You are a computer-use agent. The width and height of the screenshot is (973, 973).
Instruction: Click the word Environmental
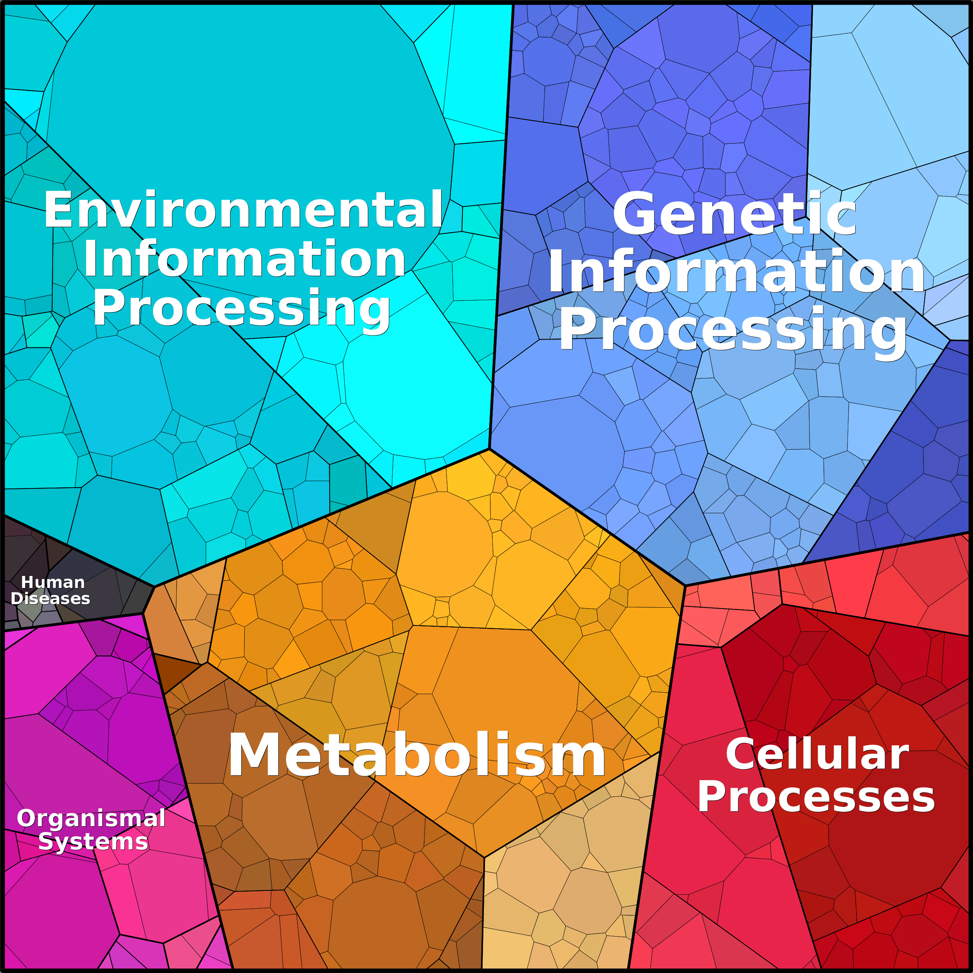click(243, 210)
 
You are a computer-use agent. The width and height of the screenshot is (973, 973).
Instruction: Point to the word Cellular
click(817, 754)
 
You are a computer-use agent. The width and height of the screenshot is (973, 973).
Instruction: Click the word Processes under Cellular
click(816, 797)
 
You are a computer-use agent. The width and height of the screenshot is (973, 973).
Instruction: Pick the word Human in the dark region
click(53, 582)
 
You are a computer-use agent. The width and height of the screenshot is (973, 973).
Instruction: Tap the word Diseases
click(50, 598)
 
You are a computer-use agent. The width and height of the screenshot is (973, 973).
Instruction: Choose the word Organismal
click(91, 818)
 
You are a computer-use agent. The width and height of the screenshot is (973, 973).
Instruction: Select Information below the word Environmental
click(244, 260)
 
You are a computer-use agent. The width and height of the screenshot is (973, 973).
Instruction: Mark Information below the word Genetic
click(736, 272)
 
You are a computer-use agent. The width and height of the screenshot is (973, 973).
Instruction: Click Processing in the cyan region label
click(242, 309)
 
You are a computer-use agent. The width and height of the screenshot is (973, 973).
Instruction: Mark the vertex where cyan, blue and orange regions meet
click(489, 448)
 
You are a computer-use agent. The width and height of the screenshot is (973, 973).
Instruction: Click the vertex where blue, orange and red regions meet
click(686, 585)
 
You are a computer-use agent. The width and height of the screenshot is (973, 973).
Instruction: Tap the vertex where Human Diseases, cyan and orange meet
click(154, 587)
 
